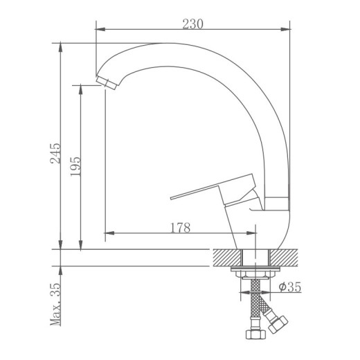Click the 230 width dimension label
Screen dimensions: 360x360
[192, 22]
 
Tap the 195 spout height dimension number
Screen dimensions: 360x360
[75, 166]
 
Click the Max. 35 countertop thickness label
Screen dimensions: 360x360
[55, 305]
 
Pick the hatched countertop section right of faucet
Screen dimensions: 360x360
[287, 256]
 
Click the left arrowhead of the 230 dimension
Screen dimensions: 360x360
[98, 30]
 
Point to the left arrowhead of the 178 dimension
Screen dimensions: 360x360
[106, 233]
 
